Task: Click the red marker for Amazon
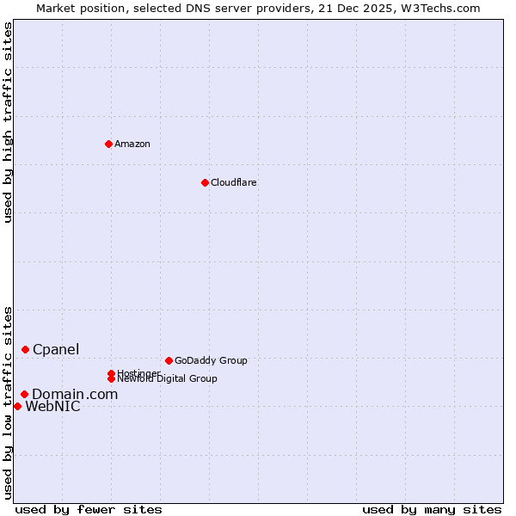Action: (x=108, y=144)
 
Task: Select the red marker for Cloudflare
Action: (x=205, y=182)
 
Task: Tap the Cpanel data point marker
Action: (x=26, y=349)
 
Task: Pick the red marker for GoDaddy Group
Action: (x=169, y=360)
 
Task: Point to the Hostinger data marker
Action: (x=111, y=373)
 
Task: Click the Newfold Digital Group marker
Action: (x=111, y=378)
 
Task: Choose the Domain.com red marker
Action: (x=24, y=394)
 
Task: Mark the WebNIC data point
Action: (x=17, y=406)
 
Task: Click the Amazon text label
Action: (x=132, y=144)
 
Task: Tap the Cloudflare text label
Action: (x=233, y=182)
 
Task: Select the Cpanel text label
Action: (x=56, y=349)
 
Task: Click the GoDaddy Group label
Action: (x=211, y=360)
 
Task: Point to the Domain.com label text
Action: (x=75, y=394)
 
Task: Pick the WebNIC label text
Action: (x=52, y=407)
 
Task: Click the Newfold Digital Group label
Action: (x=168, y=379)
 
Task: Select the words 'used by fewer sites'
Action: (x=88, y=509)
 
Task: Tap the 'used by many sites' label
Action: (x=431, y=509)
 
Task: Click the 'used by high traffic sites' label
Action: (x=8, y=123)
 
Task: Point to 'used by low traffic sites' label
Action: (x=8, y=402)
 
